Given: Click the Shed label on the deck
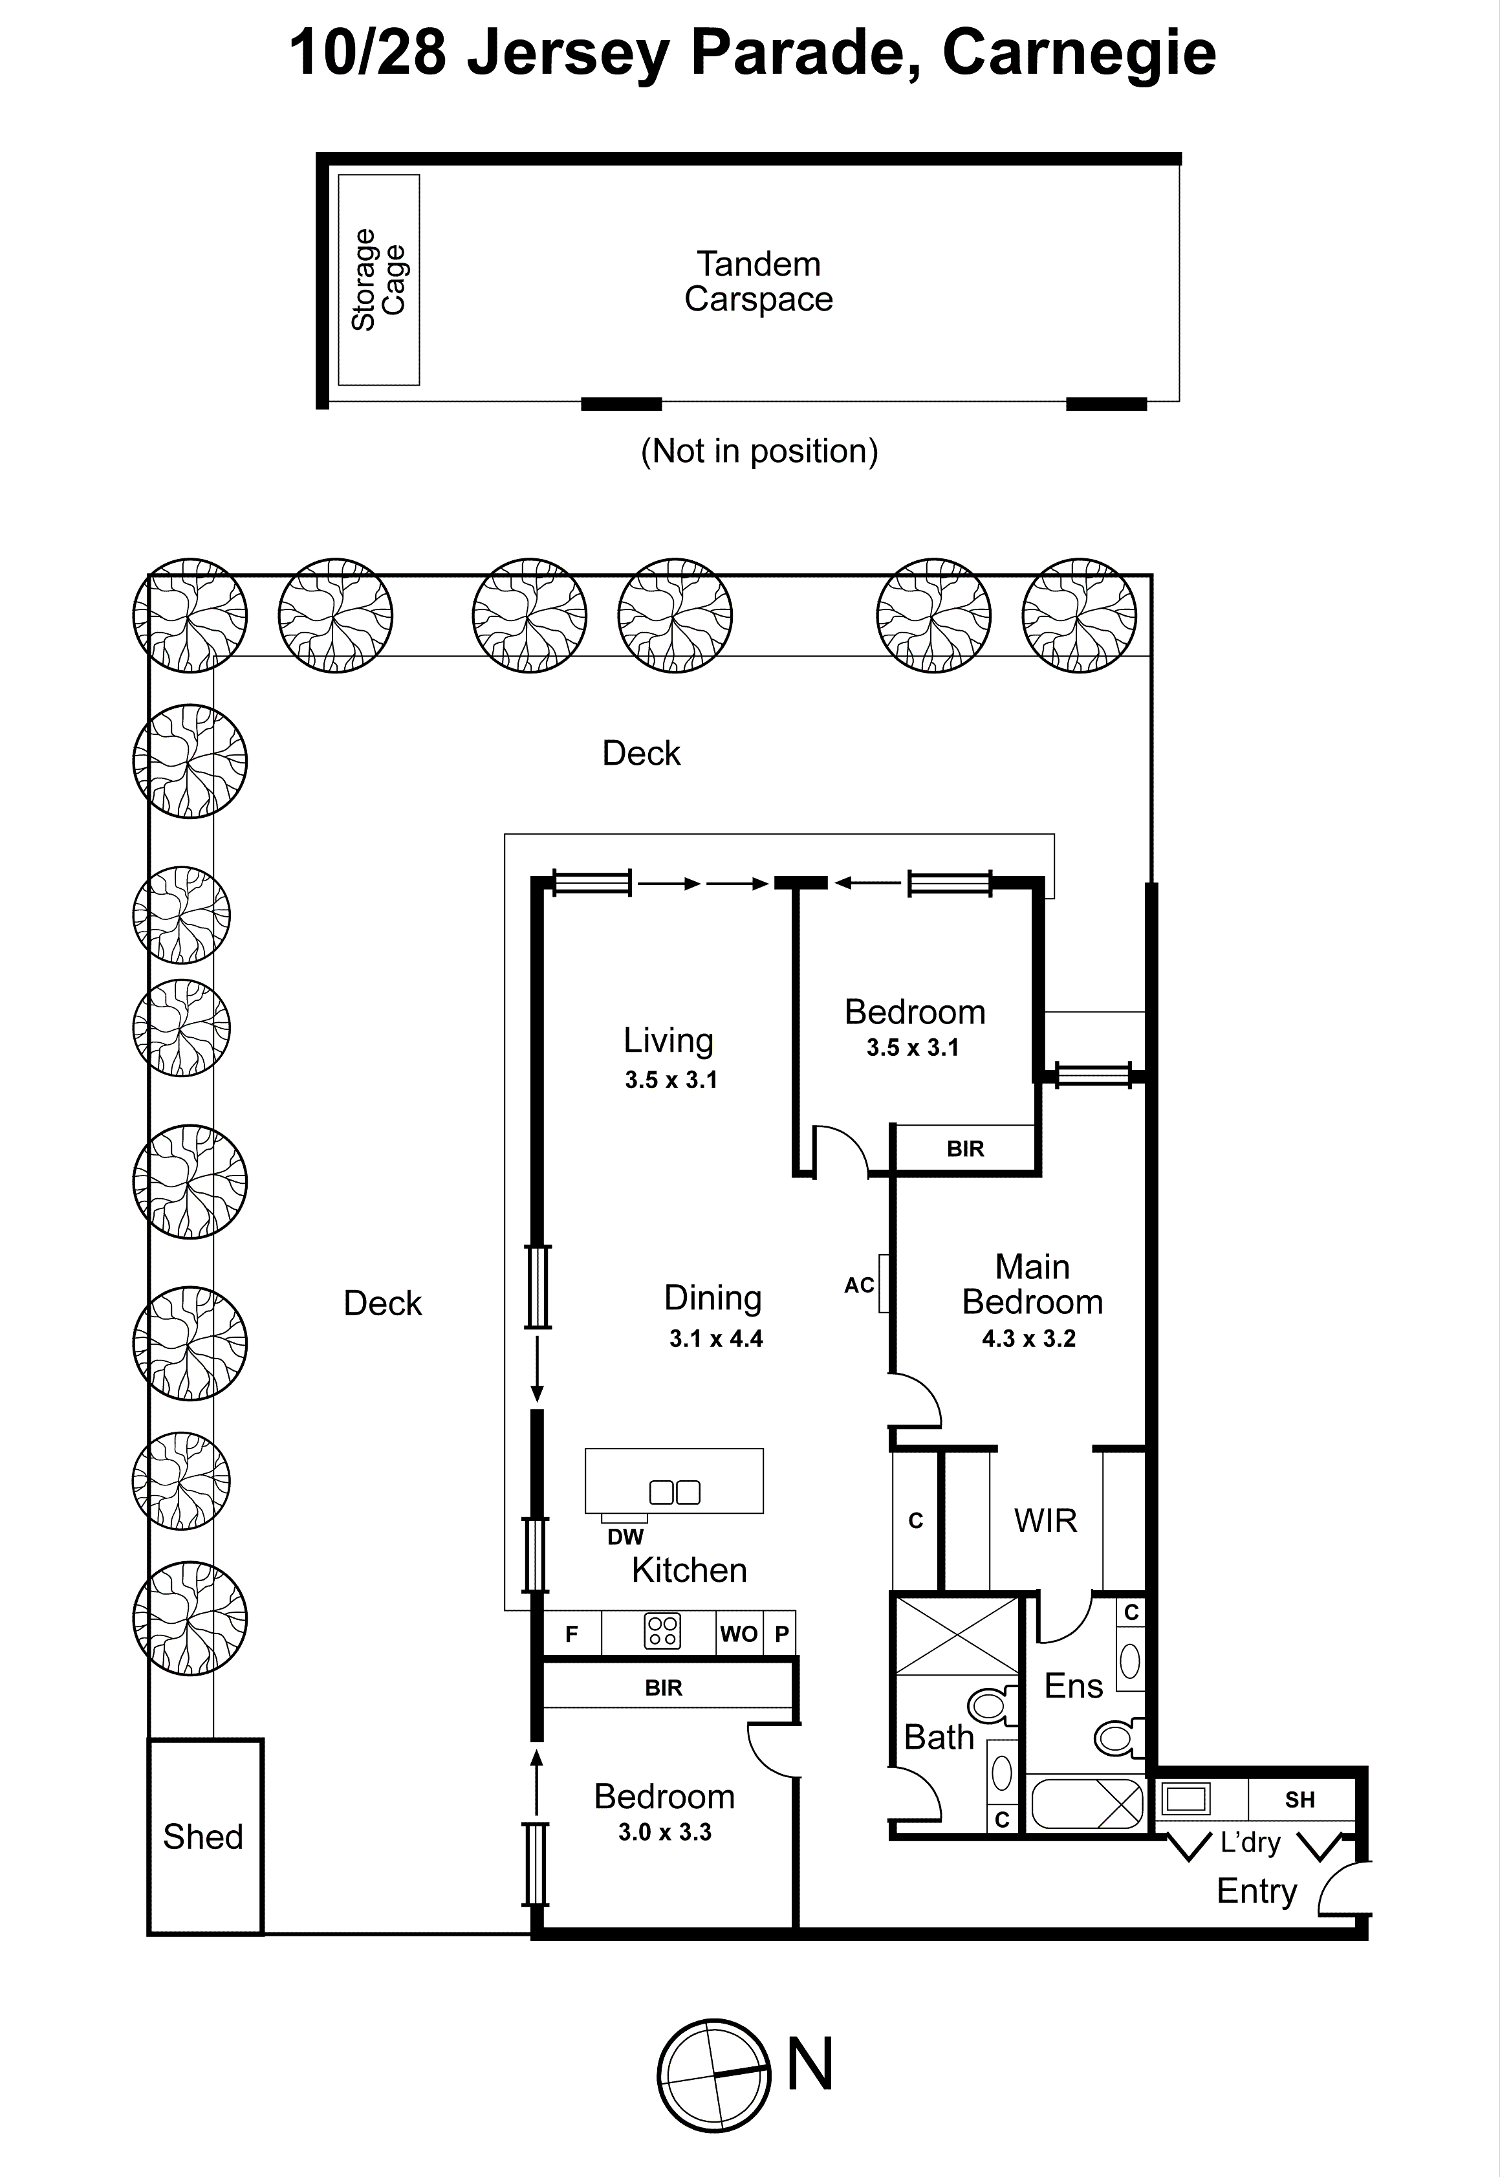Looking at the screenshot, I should point(203,1837).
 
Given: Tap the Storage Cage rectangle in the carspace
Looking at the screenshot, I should point(379,280).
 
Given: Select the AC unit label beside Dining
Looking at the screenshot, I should point(859,1285).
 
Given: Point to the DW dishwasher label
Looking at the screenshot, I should point(625,1537).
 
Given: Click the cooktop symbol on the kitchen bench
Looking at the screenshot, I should point(662,1633).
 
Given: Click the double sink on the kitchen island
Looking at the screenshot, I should point(675,1492).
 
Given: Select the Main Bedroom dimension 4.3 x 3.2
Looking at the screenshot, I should point(1028,1339).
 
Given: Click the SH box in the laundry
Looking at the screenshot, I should point(1300,1800).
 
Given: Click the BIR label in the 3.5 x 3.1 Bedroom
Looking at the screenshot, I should point(965,1148).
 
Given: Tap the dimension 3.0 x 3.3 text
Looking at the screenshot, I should point(664,1832).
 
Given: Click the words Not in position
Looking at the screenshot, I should point(759,451).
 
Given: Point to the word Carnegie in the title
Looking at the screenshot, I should point(1078,54).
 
